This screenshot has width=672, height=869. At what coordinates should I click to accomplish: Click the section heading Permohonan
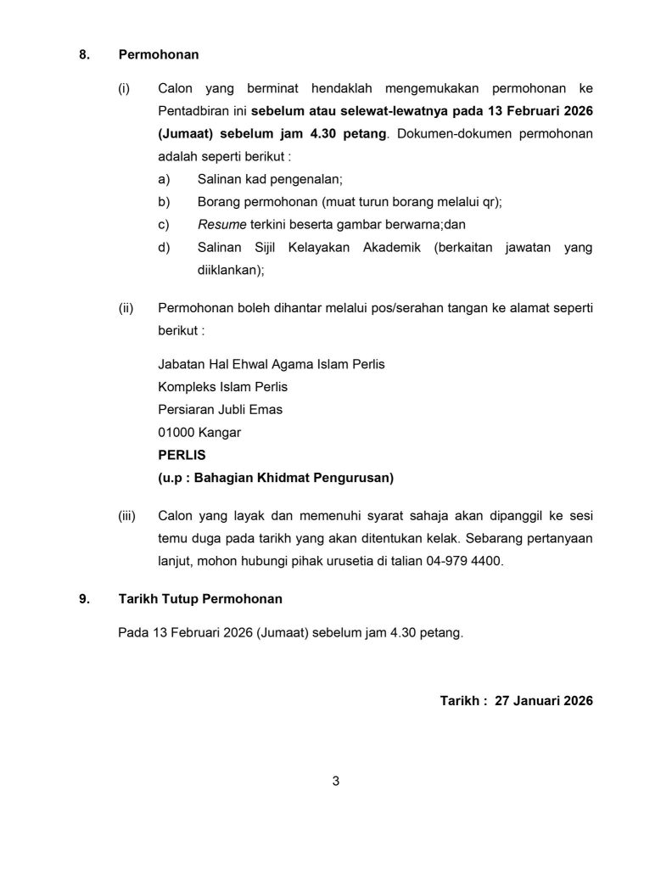159,55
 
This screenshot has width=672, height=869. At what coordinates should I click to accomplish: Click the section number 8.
83,55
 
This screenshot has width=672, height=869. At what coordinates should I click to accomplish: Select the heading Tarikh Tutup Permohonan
200,599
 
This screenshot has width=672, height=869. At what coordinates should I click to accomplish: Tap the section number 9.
83,599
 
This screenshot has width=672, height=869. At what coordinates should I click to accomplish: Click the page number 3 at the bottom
336,781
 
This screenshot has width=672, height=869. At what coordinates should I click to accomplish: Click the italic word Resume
221,225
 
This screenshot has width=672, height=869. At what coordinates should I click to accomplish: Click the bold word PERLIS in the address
182,455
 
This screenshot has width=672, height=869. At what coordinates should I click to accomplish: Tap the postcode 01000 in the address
176,433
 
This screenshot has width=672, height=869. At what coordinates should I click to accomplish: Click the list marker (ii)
125,307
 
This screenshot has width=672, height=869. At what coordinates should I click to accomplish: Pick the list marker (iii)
126,515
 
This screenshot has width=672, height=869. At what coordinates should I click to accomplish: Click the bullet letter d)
164,248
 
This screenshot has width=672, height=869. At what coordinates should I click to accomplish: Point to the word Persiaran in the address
186,410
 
